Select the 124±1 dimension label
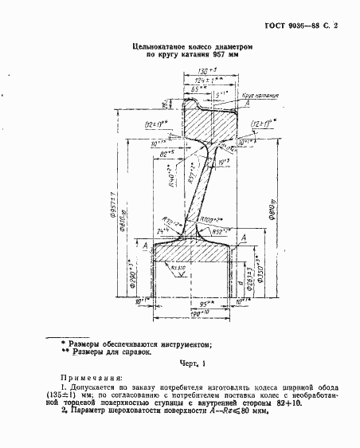(205, 81)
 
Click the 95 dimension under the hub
(187, 305)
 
